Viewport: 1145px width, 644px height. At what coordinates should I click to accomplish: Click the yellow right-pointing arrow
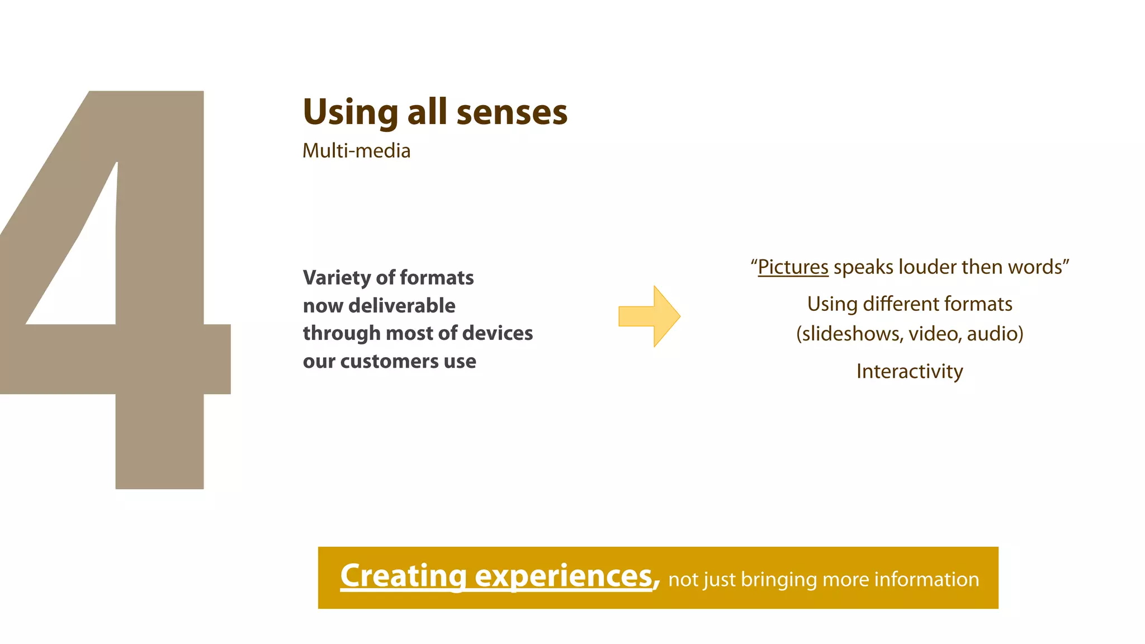click(649, 316)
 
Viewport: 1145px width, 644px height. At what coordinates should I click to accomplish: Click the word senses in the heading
click(512, 112)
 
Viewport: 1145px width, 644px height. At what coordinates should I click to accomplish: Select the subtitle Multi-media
click(356, 151)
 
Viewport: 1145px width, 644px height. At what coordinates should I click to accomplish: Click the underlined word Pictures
click(793, 267)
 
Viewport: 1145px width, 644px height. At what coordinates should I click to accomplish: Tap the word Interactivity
click(910, 371)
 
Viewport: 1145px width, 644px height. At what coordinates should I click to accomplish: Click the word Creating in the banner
click(403, 576)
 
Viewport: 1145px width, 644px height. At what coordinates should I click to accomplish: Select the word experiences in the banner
click(564, 576)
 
